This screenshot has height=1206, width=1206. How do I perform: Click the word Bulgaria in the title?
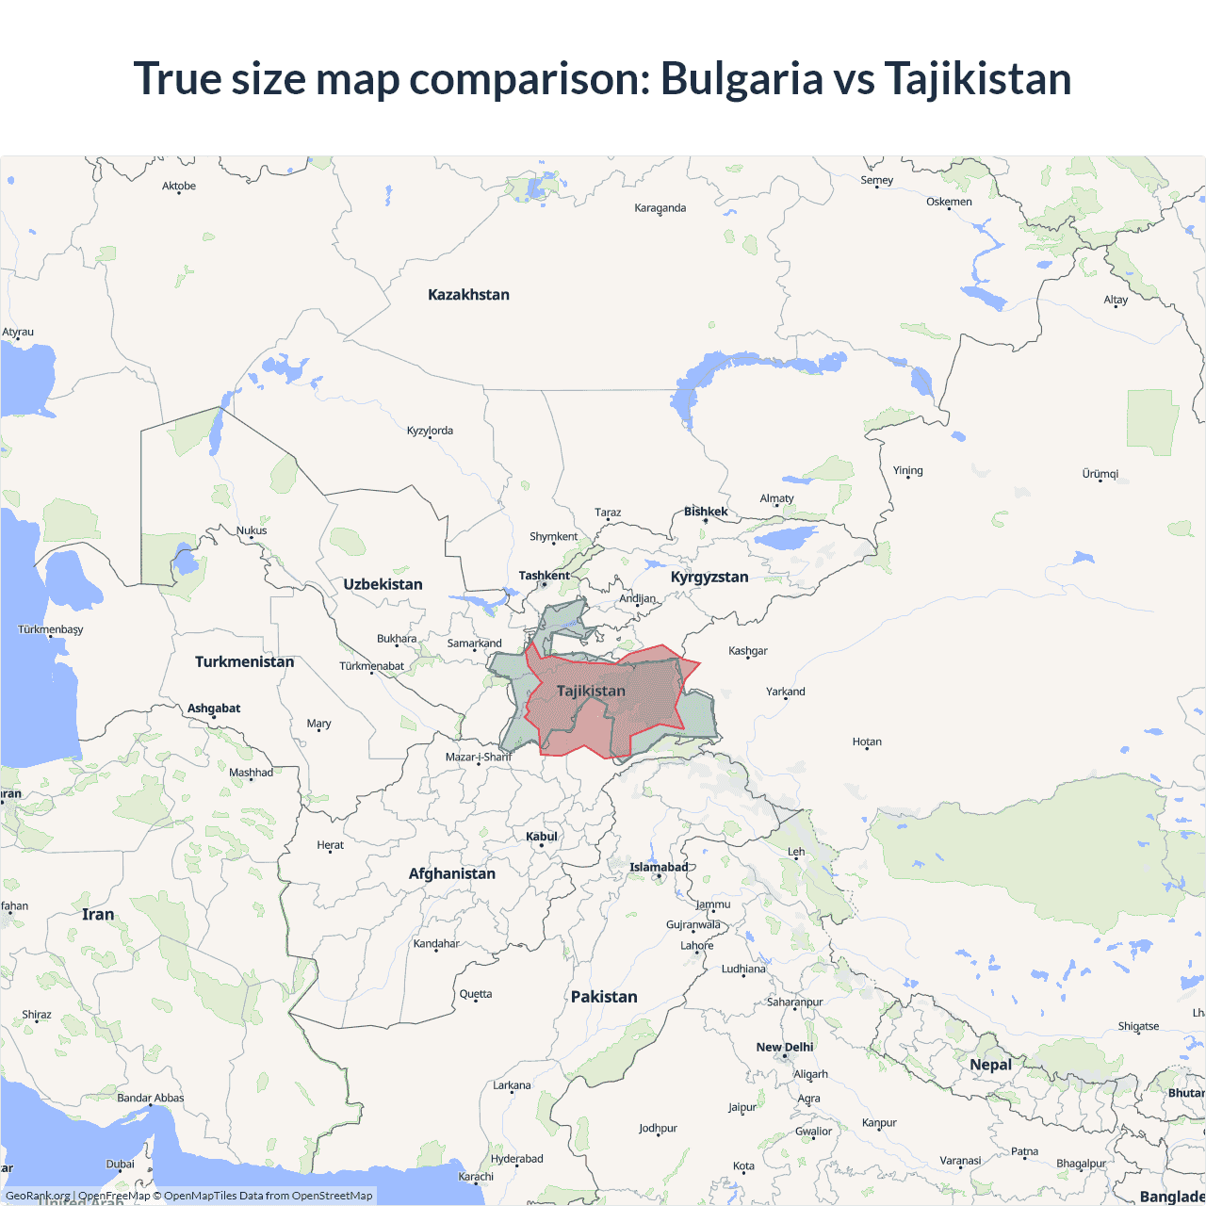(x=742, y=78)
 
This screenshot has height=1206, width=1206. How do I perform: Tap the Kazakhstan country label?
(x=468, y=295)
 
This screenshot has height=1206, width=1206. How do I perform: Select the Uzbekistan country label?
(x=383, y=584)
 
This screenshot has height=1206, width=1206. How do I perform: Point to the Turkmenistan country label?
(x=244, y=661)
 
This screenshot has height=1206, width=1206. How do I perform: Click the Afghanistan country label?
(x=451, y=873)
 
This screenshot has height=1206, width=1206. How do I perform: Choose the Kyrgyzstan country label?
(x=709, y=577)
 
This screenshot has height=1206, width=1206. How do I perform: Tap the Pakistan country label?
(x=604, y=997)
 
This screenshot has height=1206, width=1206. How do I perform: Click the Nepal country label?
(x=990, y=1065)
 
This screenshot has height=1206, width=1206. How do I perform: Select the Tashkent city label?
(x=544, y=576)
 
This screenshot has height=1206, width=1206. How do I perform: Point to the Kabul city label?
(x=542, y=837)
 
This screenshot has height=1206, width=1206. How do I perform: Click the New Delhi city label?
(x=784, y=1047)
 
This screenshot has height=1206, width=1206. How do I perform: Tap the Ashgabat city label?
(x=214, y=709)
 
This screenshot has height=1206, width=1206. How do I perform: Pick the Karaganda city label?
(x=660, y=208)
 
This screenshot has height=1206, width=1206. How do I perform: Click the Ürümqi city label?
(x=1100, y=474)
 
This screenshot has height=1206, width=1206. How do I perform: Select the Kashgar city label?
(x=748, y=651)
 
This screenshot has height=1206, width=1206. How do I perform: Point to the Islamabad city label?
(x=659, y=867)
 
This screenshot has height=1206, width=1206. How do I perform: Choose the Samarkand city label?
(x=474, y=644)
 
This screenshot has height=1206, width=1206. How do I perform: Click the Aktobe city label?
(x=179, y=187)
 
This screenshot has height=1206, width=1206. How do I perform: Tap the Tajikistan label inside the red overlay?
(x=591, y=691)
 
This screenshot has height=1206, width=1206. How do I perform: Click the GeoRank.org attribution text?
(x=38, y=1196)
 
